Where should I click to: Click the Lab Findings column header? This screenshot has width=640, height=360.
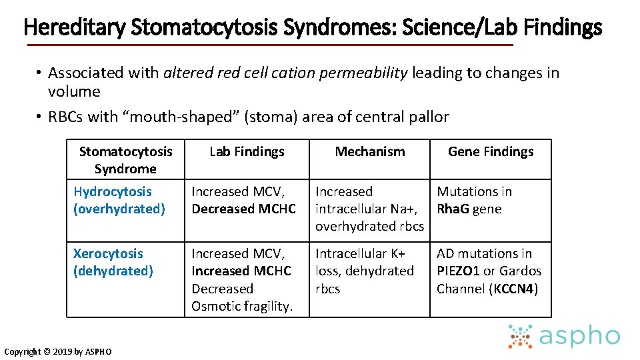pos(247,151)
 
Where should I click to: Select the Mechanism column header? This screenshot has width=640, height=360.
pos(370,151)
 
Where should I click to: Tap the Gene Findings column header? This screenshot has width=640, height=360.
pos(491,151)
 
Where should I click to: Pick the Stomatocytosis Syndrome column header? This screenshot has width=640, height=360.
pos(125,160)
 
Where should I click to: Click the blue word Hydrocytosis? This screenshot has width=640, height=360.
pos(113,191)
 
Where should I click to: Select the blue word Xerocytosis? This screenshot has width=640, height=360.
pos(108,253)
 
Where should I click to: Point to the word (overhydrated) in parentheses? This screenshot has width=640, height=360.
pos(119,209)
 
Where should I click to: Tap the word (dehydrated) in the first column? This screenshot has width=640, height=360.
pos(113,271)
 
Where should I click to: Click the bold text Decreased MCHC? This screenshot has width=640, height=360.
pos(243,209)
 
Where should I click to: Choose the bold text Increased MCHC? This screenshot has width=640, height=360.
pos(241,271)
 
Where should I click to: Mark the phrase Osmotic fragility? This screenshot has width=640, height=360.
pos(242,306)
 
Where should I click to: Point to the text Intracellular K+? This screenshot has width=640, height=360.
pos(360,253)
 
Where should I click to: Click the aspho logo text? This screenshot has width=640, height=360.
pos(579,337)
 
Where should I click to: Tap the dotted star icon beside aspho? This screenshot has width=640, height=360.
pos(520,337)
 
